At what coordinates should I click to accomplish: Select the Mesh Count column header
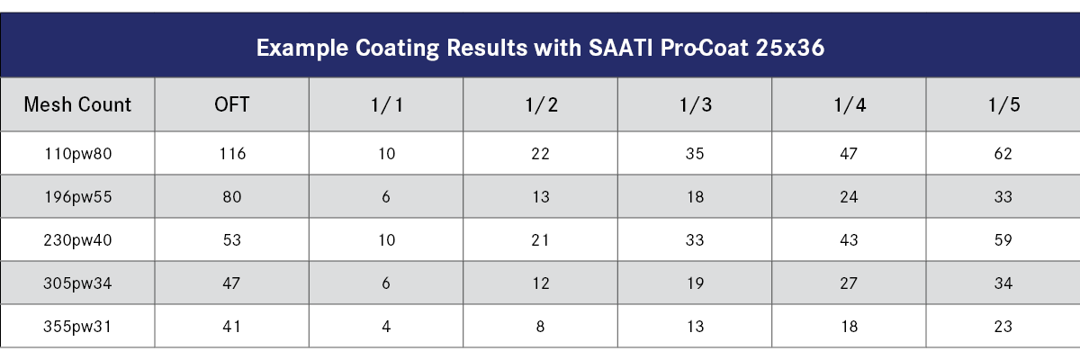pos(77,104)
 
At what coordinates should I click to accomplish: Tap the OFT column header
pos(232,104)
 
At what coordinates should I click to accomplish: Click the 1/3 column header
pos(696,104)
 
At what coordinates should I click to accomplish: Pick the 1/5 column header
pos(1003,104)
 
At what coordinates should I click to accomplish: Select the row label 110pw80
pos(77,154)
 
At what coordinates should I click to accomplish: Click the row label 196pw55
pos(77,197)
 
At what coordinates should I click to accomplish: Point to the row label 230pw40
pos(77,240)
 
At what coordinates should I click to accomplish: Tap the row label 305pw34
pos(77,283)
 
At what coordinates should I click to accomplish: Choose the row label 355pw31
pos(77,327)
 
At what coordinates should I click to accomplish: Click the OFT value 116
pos(232,154)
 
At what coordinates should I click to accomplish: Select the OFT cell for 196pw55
pos(232,197)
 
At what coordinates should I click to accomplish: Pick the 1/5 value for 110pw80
pos(1003,154)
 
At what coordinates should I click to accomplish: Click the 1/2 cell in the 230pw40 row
pos(541,240)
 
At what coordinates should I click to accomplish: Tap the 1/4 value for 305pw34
pos(850,283)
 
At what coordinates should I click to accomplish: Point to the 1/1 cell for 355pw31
pos(386,327)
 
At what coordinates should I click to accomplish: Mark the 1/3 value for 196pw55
pos(696,197)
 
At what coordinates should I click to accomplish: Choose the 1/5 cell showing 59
pos(1003,240)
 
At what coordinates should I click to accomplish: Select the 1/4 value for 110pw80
pos(850,154)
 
